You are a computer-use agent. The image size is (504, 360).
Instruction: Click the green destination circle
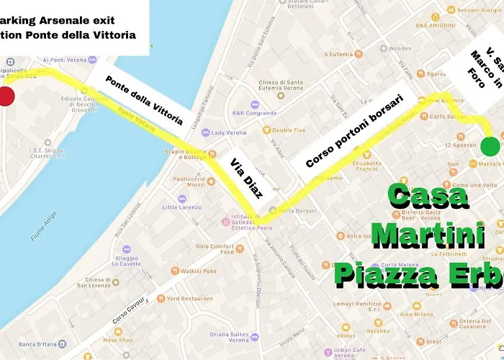point(491,146)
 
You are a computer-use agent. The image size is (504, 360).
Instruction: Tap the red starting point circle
point(5,97)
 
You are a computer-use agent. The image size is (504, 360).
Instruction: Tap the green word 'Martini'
point(422,235)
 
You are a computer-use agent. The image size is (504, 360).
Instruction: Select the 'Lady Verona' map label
point(228,132)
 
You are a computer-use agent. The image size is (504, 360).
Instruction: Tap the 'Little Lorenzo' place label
point(181,207)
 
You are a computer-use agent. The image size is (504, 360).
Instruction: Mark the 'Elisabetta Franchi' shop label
point(366,167)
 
